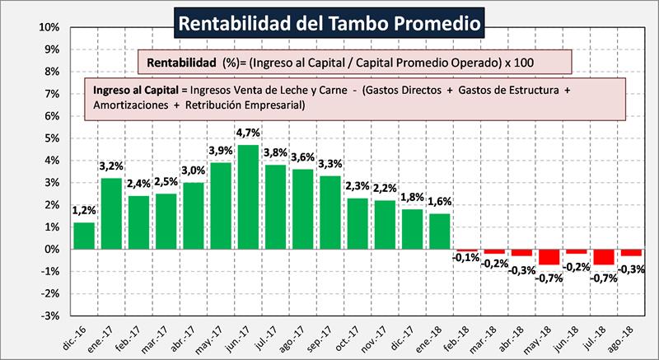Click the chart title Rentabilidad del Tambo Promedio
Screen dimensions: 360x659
[x=329, y=22]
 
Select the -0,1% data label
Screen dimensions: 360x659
[x=467, y=258]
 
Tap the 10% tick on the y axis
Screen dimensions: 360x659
[x=48, y=27]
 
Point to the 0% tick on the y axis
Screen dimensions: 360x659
[x=50, y=249]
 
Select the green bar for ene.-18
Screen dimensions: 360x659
[x=440, y=231]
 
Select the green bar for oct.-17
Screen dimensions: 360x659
[x=358, y=223]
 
